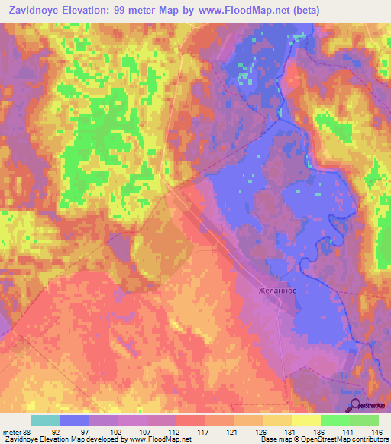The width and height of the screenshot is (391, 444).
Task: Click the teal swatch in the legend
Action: click(x=45, y=420)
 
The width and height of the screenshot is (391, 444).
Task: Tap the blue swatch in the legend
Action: click(x=74, y=420)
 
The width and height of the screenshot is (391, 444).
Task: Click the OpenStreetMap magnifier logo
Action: click(x=355, y=406)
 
